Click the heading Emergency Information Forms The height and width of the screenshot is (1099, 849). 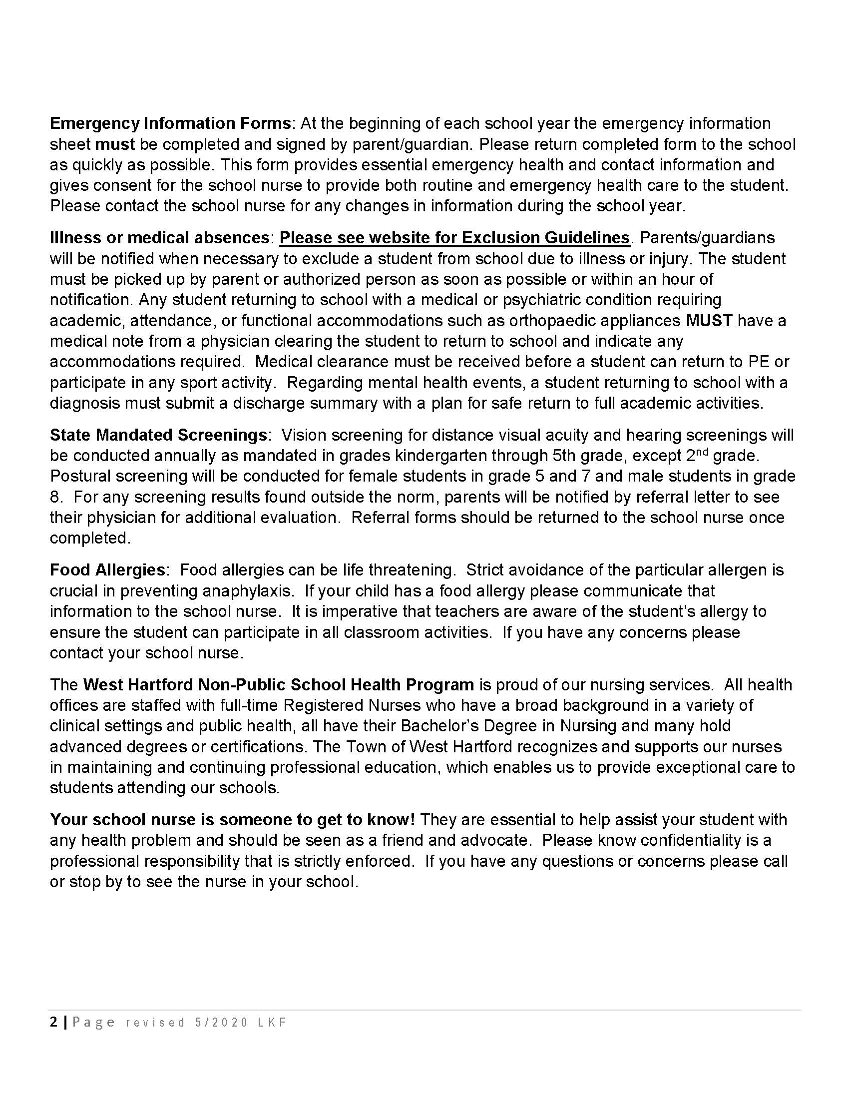(170, 124)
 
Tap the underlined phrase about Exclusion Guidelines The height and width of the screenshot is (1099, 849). (454, 238)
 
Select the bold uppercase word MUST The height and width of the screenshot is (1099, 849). (709, 321)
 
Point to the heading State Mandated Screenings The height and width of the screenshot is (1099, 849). (158, 435)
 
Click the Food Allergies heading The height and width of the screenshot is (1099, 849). (107, 570)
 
